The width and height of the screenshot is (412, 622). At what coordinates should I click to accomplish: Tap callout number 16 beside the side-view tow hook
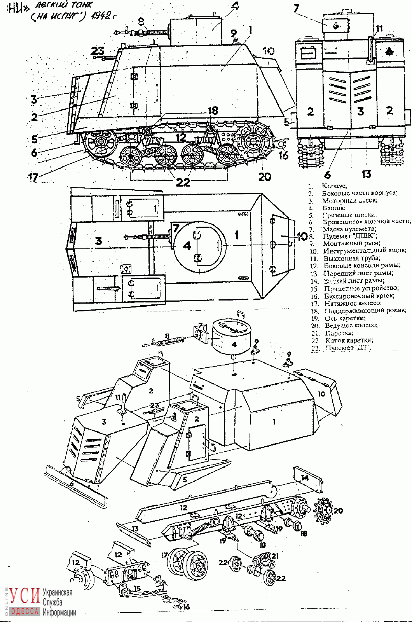click(284, 155)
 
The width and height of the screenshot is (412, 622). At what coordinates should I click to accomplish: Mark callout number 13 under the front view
click(366, 173)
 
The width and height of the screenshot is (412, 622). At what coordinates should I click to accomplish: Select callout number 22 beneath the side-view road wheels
click(183, 182)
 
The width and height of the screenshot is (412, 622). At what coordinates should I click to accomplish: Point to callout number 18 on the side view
click(213, 111)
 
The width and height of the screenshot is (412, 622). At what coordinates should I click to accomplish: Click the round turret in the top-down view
click(199, 246)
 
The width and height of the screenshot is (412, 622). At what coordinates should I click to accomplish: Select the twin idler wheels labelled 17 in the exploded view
click(188, 564)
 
